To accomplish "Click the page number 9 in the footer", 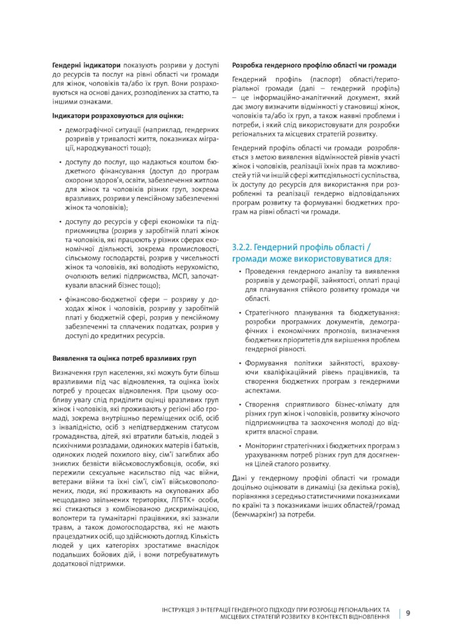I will click(408, 613).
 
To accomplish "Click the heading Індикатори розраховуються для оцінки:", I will click(118, 115).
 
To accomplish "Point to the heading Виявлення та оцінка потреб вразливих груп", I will click(124, 358).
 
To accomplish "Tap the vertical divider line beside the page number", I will click(399, 613).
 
